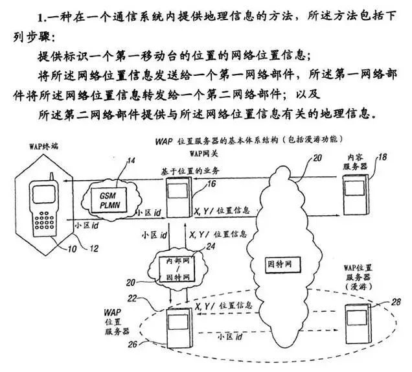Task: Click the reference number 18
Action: tap(382, 157)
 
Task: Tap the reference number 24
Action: tap(209, 246)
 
